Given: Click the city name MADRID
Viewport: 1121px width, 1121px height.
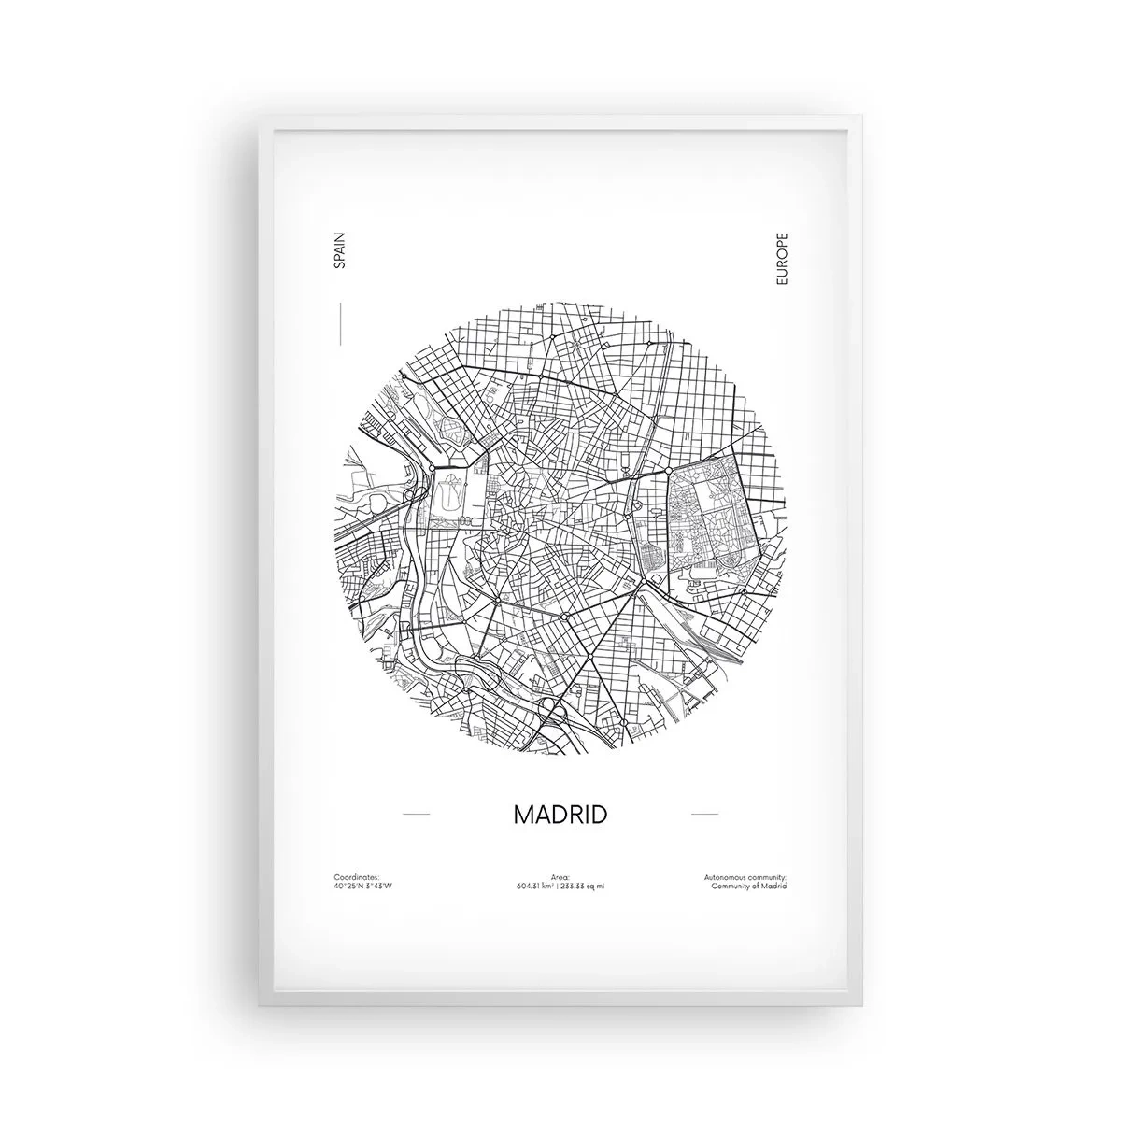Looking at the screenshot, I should (x=560, y=814).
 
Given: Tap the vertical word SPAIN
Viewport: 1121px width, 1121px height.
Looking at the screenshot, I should (x=339, y=252).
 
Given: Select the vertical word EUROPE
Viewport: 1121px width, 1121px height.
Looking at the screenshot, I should (x=782, y=259).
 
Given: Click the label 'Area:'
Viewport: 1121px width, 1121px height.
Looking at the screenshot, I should (x=560, y=878).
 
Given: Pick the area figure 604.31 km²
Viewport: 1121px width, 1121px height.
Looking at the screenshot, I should (x=534, y=886).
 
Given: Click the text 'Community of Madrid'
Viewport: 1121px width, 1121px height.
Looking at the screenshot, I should (x=749, y=886).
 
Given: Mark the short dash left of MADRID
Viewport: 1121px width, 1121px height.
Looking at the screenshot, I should (x=416, y=815).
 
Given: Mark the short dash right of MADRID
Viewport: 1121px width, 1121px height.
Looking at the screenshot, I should (x=704, y=815).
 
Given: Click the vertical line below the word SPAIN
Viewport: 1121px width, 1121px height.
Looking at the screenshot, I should (x=342, y=319).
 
